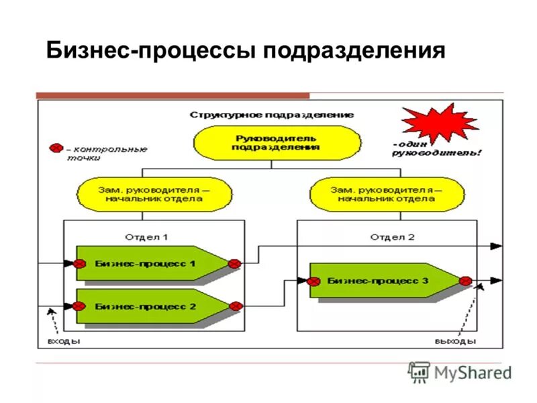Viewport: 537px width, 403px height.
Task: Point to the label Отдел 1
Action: click(x=146, y=236)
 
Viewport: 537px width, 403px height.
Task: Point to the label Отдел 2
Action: click(x=393, y=236)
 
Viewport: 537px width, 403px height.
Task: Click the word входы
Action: click(x=64, y=341)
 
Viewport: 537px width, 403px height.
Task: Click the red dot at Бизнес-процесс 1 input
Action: click(x=79, y=264)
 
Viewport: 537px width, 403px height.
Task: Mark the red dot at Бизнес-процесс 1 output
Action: click(x=234, y=264)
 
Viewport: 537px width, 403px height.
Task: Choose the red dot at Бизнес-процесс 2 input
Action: click(x=79, y=306)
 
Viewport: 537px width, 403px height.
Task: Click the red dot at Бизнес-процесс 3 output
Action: click(x=466, y=281)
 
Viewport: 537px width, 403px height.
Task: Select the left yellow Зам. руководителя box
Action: click(x=154, y=193)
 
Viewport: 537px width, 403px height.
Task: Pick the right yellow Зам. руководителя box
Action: click(x=386, y=193)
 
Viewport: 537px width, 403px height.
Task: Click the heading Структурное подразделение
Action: click(x=271, y=115)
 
